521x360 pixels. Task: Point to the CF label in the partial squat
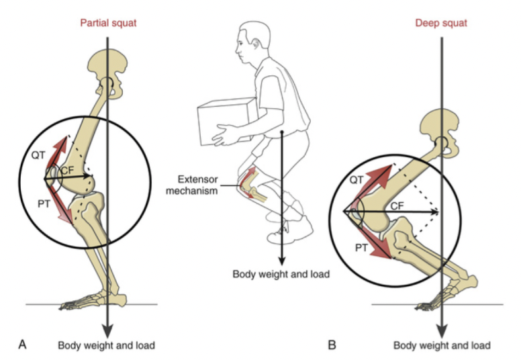click(67, 171)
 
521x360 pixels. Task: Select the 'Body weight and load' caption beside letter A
click(107, 345)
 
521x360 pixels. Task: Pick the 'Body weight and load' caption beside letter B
click(442, 345)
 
